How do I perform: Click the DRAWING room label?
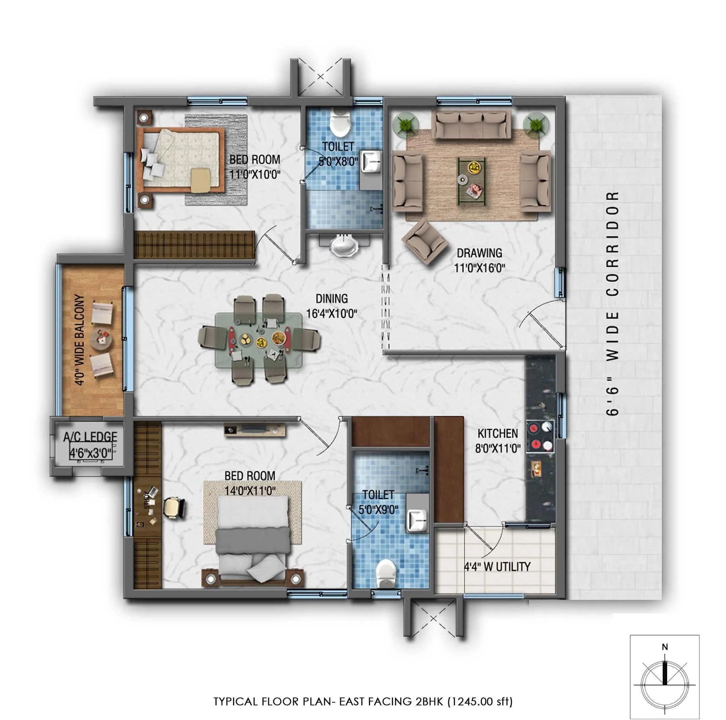click(x=480, y=253)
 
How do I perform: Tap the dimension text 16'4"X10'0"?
click(x=332, y=313)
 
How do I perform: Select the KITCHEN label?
click(x=498, y=433)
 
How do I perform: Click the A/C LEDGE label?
click(x=90, y=437)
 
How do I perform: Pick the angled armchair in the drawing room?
click(x=425, y=242)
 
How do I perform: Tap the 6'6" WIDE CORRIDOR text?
click(x=612, y=303)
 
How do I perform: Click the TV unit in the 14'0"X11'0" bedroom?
click(x=255, y=429)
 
